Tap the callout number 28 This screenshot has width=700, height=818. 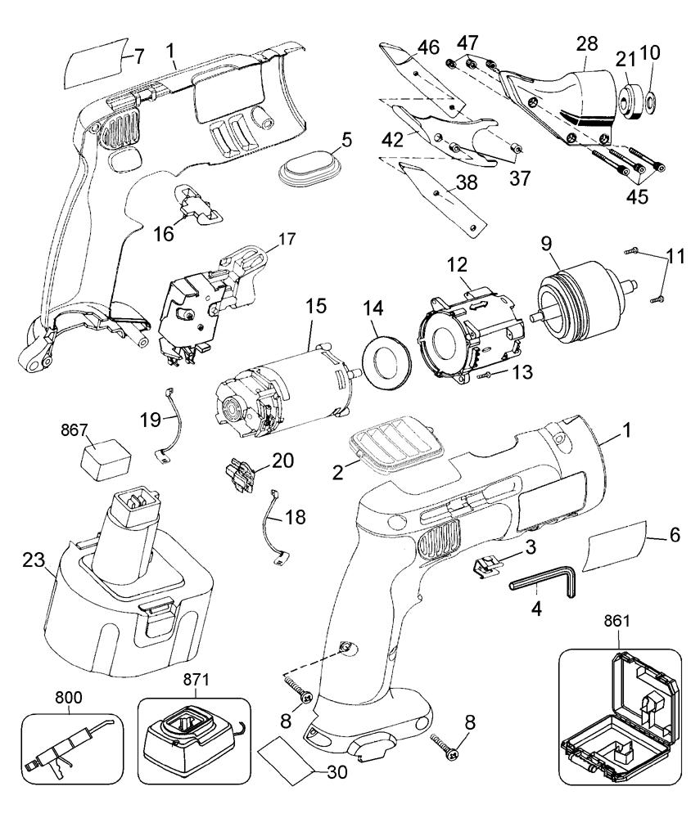(587, 43)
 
